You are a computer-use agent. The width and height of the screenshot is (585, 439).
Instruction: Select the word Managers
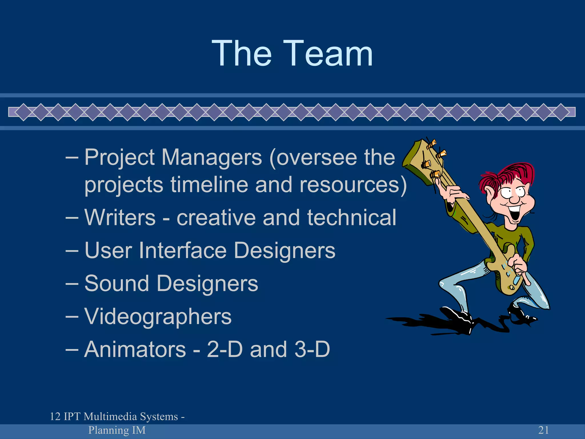coord(212,158)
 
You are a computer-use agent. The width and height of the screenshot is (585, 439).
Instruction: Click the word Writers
coord(120,217)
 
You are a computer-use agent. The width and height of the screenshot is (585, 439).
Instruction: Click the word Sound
coord(117,284)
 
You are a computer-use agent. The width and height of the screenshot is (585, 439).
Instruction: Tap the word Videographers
coord(158,317)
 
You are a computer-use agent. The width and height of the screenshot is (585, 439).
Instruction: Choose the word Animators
coord(135,349)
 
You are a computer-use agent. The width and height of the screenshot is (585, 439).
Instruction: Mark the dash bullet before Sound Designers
coord(72,284)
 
